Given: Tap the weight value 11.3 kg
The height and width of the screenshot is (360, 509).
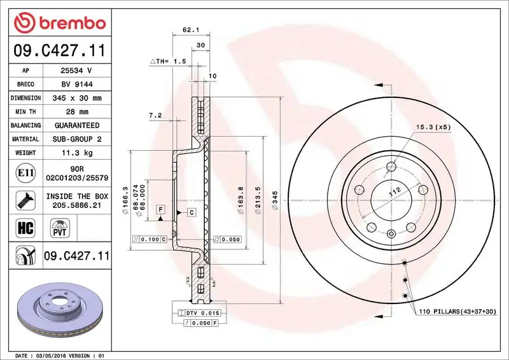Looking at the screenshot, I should click(76, 153).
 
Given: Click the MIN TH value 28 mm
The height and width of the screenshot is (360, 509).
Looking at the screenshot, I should click(76, 112).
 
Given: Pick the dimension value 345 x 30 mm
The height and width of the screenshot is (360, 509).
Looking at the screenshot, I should click(76, 98).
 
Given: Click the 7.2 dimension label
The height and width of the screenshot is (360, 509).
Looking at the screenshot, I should click(155, 115).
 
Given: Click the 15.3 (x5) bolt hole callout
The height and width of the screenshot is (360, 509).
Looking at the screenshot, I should click(433, 127).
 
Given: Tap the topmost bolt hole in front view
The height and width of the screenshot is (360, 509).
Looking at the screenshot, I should click(391, 167).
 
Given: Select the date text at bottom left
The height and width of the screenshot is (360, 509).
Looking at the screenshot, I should click(57, 355).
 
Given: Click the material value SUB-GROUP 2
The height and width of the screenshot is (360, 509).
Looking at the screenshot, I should click(76, 139).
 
